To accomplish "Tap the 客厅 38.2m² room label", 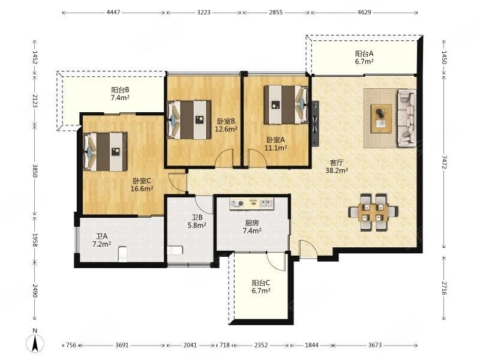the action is [337, 167].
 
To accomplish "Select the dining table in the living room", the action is [373, 212].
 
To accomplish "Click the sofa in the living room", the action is [407, 118].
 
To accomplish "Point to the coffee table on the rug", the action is [381, 118].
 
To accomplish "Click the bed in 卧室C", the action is [106, 152].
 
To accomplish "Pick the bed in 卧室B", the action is [189, 119].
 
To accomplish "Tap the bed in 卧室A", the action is [286, 104].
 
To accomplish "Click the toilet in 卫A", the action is [122, 254].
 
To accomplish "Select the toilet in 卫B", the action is [175, 250].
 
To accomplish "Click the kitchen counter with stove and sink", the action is [251, 203].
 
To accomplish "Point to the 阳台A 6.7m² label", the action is [364, 58].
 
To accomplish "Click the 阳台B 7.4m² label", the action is [120, 94].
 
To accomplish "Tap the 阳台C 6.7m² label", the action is [261, 287].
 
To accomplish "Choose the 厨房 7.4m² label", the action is [252, 227].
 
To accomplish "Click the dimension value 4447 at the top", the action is [113, 12].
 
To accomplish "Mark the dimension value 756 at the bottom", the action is [71, 345].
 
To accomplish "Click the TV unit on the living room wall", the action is [315, 124].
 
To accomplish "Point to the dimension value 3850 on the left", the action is [35, 171].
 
